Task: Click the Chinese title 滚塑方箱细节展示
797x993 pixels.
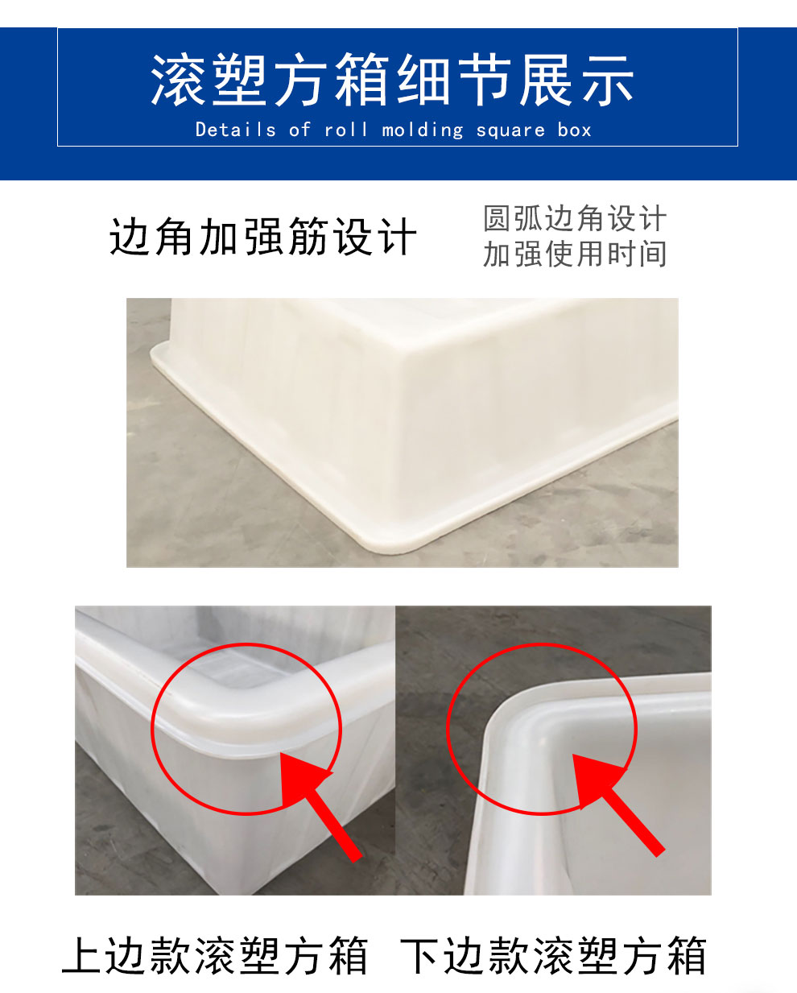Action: pyautogui.click(x=392, y=81)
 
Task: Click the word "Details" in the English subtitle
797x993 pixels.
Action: pyautogui.click(x=235, y=130)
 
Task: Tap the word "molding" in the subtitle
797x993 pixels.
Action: pyautogui.click(x=423, y=130)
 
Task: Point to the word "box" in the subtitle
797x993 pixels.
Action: pyautogui.click(x=574, y=130)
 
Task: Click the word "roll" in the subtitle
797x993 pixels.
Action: pyautogui.click(x=346, y=130)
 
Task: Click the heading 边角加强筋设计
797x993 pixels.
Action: pyautogui.click(x=263, y=238)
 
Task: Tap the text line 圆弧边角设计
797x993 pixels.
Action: pyautogui.click(x=575, y=218)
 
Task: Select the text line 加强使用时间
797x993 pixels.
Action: pyautogui.click(x=575, y=254)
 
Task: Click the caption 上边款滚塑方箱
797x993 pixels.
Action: pyautogui.click(x=215, y=956)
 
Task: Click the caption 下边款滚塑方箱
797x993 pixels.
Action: pyautogui.click(x=554, y=956)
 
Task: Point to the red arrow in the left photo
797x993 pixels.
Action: pyautogui.click(x=318, y=805)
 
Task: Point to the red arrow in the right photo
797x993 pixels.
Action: pyautogui.click(x=616, y=801)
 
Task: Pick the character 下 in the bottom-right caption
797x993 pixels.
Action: pyautogui.click(x=420, y=956)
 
